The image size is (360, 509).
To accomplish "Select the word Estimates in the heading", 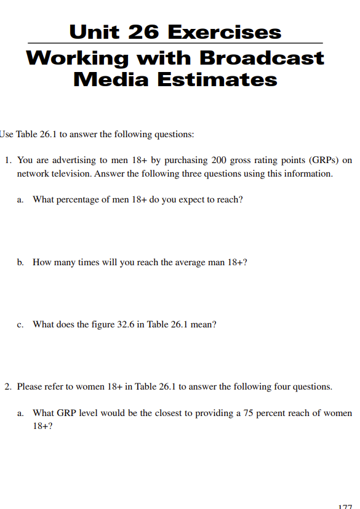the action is (x=218, y=79).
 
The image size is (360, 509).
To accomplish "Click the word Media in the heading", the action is (x=111, y=79).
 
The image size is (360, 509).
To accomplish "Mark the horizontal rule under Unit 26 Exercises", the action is (x=175, y=43).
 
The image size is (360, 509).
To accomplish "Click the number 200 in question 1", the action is (x=219, y=160).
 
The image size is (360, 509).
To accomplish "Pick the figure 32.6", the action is (x=126, y=324).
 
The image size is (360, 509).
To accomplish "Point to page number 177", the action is (x=345, y=506).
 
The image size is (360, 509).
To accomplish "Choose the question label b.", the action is (x=20, y=262).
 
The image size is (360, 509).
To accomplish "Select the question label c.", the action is (x=20, y=324).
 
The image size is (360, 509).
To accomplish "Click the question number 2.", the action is (x=7, y=387).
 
